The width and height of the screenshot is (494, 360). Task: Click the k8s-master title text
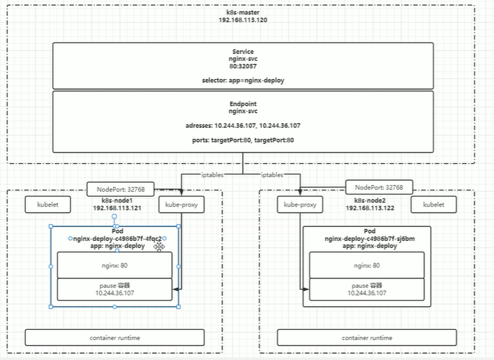point(243,13)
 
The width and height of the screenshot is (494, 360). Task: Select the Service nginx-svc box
point(243,66)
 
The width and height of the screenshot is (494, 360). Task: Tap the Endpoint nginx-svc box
point(243,121)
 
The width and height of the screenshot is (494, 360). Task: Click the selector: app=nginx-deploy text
point(243,81)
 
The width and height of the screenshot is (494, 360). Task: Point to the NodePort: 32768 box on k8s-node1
point(119,189)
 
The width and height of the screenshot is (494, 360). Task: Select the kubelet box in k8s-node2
point(433,204)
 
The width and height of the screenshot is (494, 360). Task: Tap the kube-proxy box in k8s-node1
point(181,204)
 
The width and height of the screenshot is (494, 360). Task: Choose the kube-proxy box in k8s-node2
point(300,204)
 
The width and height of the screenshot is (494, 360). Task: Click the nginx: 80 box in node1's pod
point(114,265)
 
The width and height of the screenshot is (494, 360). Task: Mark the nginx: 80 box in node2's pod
point(366,265)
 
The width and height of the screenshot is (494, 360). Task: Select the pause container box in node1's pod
point(114,289)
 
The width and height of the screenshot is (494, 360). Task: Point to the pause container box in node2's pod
point(366,289)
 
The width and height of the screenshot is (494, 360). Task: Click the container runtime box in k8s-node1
point(114,337)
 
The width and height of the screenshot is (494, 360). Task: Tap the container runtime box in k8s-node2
point(366,337)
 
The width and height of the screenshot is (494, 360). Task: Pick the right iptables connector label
point(271,175)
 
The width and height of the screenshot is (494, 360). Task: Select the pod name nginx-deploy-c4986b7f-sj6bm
point(366,239)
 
